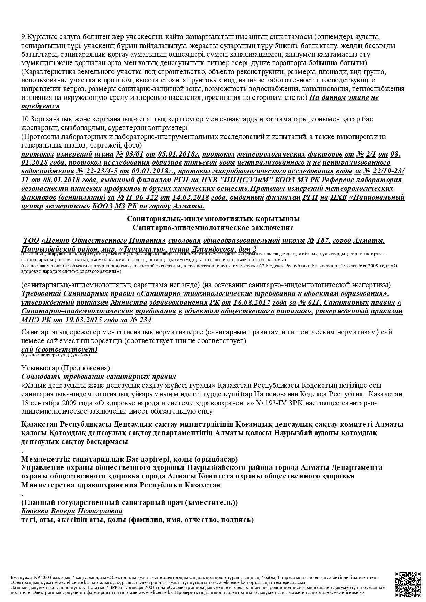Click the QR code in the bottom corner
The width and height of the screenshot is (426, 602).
click(408, 584)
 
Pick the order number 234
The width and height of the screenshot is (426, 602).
click(145, 320)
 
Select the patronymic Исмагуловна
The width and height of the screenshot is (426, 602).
click(100, 511)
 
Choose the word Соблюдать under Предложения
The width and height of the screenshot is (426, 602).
click(41, 377)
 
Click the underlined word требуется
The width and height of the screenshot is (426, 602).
click(41, 106)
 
